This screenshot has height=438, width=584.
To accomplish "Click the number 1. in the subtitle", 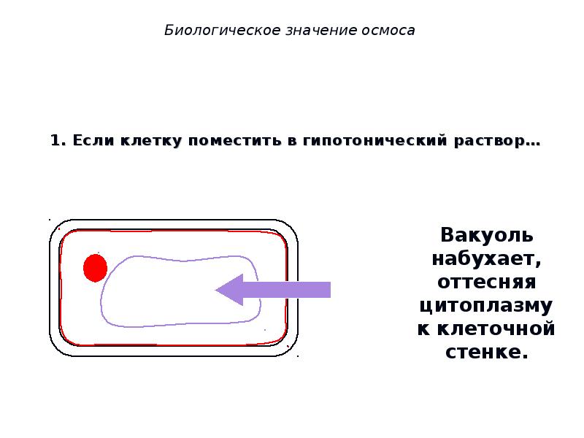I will click(58, 141).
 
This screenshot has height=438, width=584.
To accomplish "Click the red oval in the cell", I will click(95, 268).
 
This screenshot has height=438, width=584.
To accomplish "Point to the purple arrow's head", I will click(231, 290).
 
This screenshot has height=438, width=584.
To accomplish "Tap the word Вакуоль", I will click(487, 236).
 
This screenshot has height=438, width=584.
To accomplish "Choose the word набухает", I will click(487, 259).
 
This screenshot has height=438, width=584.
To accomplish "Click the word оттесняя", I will click(487, 282).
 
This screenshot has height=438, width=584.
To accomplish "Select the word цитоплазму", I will click(487, 306).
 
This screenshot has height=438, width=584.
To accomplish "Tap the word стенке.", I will click(487, 352).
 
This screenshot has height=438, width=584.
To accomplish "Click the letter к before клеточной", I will click(423, 328).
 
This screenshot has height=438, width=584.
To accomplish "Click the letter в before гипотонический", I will click(291, 141).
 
